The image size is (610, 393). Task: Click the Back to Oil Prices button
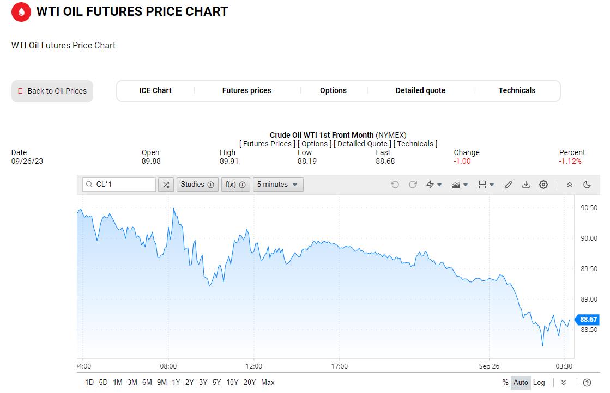click(x=52, y=91)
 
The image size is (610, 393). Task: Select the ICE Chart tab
click(x=155, y=90)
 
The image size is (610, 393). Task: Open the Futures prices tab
click(x=246, y=90)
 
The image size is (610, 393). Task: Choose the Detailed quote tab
click(x=420, y=90)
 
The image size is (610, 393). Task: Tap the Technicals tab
click(x=517, y=90)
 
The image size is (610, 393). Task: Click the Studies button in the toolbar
click(x=197, y=185)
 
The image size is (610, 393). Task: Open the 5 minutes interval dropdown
click(x=278, y=185)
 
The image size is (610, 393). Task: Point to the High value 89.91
click(x=229, y=161)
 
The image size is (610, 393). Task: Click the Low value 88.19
click(x=307, y=161)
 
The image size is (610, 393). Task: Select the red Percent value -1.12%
click(x=570, y=161)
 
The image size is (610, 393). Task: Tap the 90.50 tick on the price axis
click(x=589, y=208)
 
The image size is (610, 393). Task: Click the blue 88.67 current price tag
click(x=588, y=320)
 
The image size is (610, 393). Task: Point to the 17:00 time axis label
click(x=339, y=366)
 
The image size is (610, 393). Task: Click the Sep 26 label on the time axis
click(x=489, y=366)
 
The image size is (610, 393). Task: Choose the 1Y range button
click(x=176, y=383)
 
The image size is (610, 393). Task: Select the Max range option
click(x=268, y=383)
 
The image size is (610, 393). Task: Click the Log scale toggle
click(x=539, y=383)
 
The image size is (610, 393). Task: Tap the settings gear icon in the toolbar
click(x=543, y=185)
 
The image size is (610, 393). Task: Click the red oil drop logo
click(x=21, y=11)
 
